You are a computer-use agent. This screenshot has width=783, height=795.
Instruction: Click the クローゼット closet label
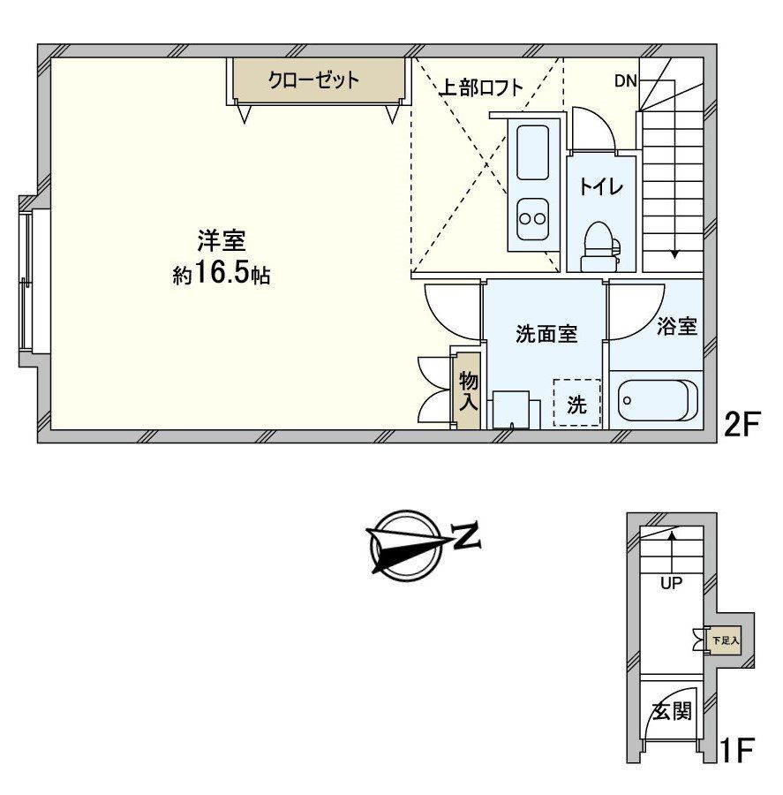click(x=313, y=80)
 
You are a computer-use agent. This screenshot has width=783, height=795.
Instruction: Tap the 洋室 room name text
click(x=222, y=241)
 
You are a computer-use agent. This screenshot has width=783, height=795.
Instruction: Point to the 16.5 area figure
click(x=221, y=274)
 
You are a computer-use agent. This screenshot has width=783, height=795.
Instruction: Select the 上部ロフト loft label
click(x=481, y=87)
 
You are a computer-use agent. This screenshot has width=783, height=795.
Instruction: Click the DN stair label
click(x=625, y=81)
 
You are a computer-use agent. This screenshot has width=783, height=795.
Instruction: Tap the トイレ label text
click(x=601, y=187)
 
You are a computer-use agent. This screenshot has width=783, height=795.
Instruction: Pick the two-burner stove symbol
click(x=532, y=219)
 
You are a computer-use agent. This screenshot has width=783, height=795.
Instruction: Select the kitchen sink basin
click(x=532, y=152)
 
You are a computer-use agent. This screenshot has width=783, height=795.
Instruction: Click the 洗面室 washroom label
click(x=546, y=335)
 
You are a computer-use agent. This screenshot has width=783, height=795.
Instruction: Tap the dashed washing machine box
click(x=576, y=403)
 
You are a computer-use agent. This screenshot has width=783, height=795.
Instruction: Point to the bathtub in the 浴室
click(x=656, y=400)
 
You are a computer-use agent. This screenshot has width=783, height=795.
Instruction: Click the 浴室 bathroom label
click(x=676, y=327)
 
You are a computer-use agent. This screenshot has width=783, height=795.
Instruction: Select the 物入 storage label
click(x=468, y=390)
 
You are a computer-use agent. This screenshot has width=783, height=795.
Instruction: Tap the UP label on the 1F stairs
click(x=671, y=583)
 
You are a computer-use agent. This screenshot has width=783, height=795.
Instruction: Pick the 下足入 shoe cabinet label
click(x=727, y=640)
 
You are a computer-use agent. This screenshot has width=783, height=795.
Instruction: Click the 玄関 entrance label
click(x=672, y=711)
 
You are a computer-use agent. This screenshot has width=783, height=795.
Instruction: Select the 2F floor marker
click(x=742, y=424)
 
